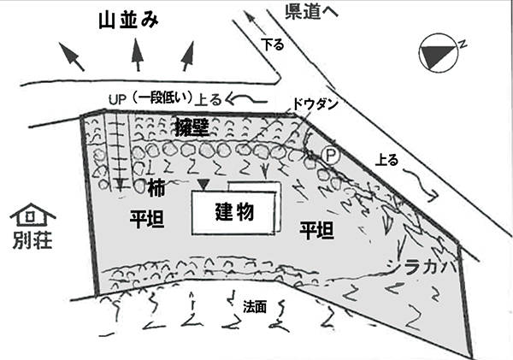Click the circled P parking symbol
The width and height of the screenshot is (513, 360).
click(328, 155)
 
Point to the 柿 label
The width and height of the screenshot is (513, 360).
click(156, 186)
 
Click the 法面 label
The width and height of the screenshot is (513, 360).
click(255, 305)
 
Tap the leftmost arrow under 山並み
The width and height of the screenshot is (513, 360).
click(73, 58)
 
